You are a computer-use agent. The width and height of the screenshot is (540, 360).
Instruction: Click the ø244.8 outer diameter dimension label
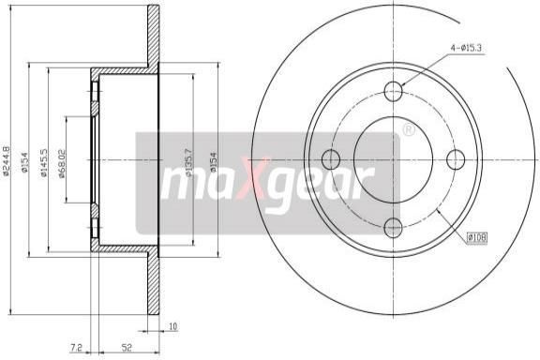coord(6,160)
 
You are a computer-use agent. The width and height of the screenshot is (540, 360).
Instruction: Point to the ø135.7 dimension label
coord(188,162)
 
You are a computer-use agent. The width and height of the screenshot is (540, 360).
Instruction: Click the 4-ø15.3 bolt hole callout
coord(466,48)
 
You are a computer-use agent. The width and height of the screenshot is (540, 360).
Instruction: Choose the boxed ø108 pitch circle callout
coord(477,237)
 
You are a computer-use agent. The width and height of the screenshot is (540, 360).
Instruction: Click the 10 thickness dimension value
coord(173,325)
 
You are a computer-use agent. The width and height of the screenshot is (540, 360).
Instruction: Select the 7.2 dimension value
coord(76,348)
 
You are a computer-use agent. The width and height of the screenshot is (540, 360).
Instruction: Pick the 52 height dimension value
coord(127,348)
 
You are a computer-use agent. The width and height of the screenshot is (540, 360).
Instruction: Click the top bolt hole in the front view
coord(393,91)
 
